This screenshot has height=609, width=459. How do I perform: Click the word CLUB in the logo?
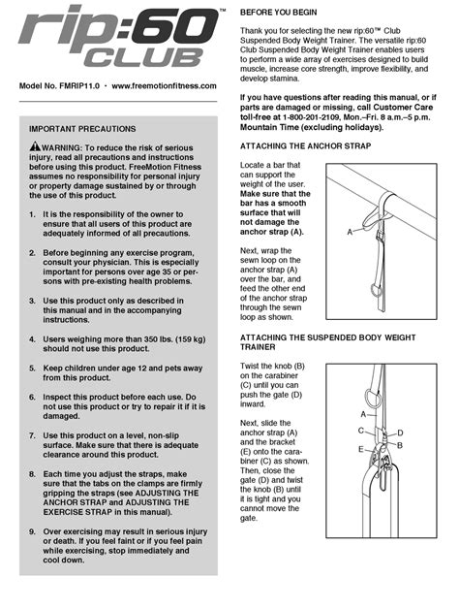click(142, 58)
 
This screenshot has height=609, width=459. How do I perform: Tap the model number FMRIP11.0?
click(79, 86)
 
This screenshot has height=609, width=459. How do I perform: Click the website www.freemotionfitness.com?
click(164, 86)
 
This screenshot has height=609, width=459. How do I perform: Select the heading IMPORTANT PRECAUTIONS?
click(82, 129)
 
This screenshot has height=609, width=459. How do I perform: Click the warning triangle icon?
click(35, 146)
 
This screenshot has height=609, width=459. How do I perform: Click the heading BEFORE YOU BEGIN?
click(278, 13)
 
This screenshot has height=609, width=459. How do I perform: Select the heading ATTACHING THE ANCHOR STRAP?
click(305, 146)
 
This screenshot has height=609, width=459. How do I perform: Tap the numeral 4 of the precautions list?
click(32, 339)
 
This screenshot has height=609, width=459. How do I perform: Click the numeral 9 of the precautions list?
click(32, 531)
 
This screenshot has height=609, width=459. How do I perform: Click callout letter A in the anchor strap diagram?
click(350, 233)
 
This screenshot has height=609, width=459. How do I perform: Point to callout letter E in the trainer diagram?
click(361, 449)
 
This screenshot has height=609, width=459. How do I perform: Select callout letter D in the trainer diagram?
click(400, 433)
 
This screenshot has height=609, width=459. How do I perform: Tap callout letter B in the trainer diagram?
click(400, 445)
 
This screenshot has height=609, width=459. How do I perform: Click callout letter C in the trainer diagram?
click(361, 431)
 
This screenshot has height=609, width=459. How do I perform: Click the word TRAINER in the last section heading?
click(258, 347)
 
